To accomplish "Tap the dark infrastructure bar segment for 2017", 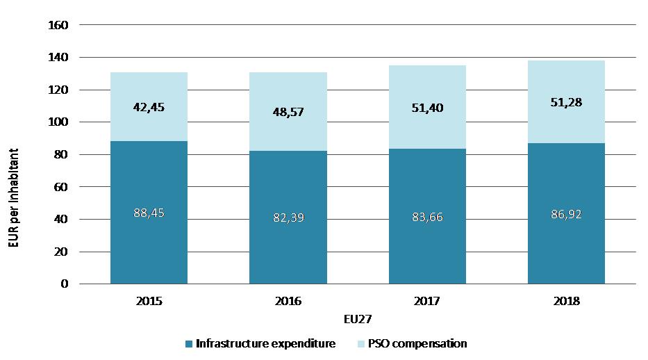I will [427, 243].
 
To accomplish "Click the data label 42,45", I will [149, 107].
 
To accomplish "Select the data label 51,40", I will [427, 107].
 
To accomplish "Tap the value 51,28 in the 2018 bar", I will [566, 102].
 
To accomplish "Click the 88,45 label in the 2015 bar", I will [149, 213].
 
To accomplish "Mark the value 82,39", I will [288, 218].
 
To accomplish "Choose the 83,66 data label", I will [427, 217].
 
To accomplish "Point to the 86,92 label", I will [566, 214].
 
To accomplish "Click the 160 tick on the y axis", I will [58, 26].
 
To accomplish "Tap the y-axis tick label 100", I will [58, 122].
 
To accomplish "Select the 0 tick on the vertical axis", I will [64, 284].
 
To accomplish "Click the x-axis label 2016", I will [288, 302].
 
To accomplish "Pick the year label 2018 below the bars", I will [566, 302].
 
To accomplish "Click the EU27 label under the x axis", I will [358, 320].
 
